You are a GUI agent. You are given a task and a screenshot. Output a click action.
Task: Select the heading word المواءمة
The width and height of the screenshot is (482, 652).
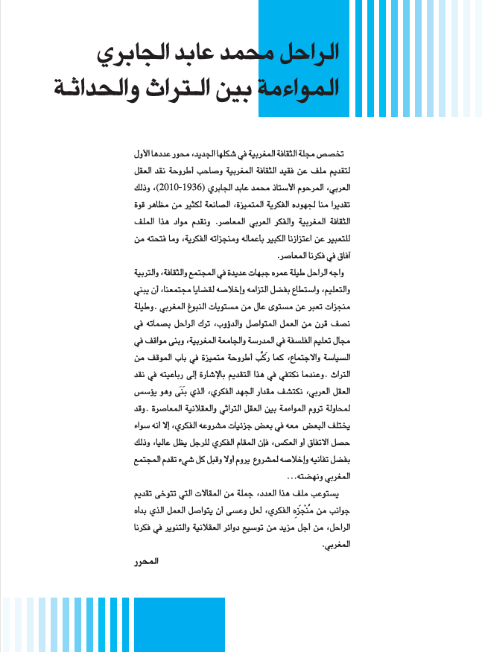coord(299,86)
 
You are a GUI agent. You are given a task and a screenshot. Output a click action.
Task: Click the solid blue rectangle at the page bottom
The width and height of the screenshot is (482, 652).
coord(179,624)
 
